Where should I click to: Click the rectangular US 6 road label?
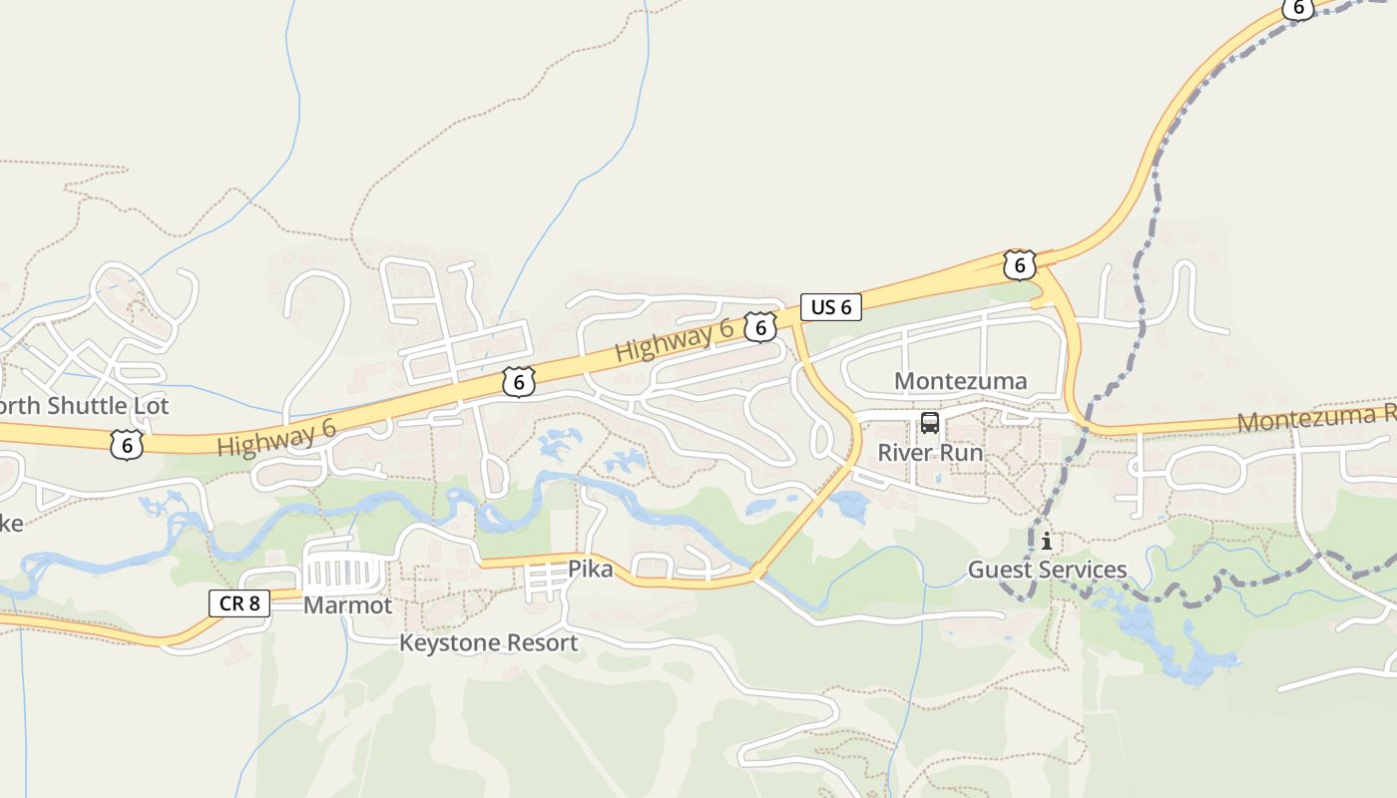830,307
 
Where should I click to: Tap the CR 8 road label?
239,602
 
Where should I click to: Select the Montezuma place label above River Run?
960,381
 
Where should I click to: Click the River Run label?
930,452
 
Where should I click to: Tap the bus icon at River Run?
930,423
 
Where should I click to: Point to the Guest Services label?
1047,570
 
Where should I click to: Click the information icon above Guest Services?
1046,542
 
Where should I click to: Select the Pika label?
590,569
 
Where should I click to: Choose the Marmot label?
347,605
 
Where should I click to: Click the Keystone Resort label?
488,642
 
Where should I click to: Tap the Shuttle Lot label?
84,406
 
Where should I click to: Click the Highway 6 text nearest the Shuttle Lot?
275,439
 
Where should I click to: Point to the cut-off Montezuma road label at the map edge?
1315,419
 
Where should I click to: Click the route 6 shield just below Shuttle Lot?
127,445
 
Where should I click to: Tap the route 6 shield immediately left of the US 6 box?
760,327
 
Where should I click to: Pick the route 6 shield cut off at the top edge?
1297,8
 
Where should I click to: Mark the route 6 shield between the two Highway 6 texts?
519,381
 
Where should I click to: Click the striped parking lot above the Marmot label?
344,573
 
